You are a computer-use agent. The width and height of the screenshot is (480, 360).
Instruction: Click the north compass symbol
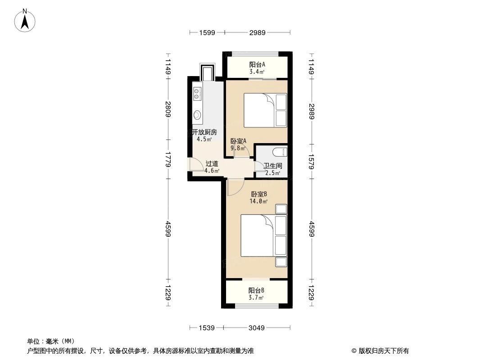click(x=25, y=20)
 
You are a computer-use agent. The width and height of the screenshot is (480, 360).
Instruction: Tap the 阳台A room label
click(x=257, y=64)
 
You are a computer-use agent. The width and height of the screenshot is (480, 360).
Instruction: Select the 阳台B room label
click(x=256, y=290)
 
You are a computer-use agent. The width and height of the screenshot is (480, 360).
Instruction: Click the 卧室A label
click(x=238, y=141)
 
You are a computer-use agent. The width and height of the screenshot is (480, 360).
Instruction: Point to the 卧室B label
click(x=259, y=194)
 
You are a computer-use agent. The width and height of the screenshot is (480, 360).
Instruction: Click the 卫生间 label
click(x=272, y=166)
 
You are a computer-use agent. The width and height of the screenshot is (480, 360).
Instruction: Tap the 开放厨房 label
click(x=204, y=132)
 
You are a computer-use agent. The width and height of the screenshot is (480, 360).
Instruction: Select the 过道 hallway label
click(x=212, y=164)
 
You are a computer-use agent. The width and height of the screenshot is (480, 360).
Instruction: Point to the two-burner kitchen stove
click(x=197, y=94)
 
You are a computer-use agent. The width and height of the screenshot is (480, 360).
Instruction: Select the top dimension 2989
click(x=257, y=32)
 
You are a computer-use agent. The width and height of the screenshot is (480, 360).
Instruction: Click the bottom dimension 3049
click(x=257, y=328)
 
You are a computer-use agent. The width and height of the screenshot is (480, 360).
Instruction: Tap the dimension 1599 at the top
click(x=207, y=32)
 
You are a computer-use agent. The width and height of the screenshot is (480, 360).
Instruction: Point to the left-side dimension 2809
click(x=168, y=109)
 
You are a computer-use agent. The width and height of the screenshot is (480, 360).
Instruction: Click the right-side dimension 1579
click(x=311, y=160)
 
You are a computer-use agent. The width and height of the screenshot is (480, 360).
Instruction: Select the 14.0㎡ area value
click(x=259, y=202)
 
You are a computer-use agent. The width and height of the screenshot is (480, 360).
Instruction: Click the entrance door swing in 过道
click(x=196, y=166)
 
